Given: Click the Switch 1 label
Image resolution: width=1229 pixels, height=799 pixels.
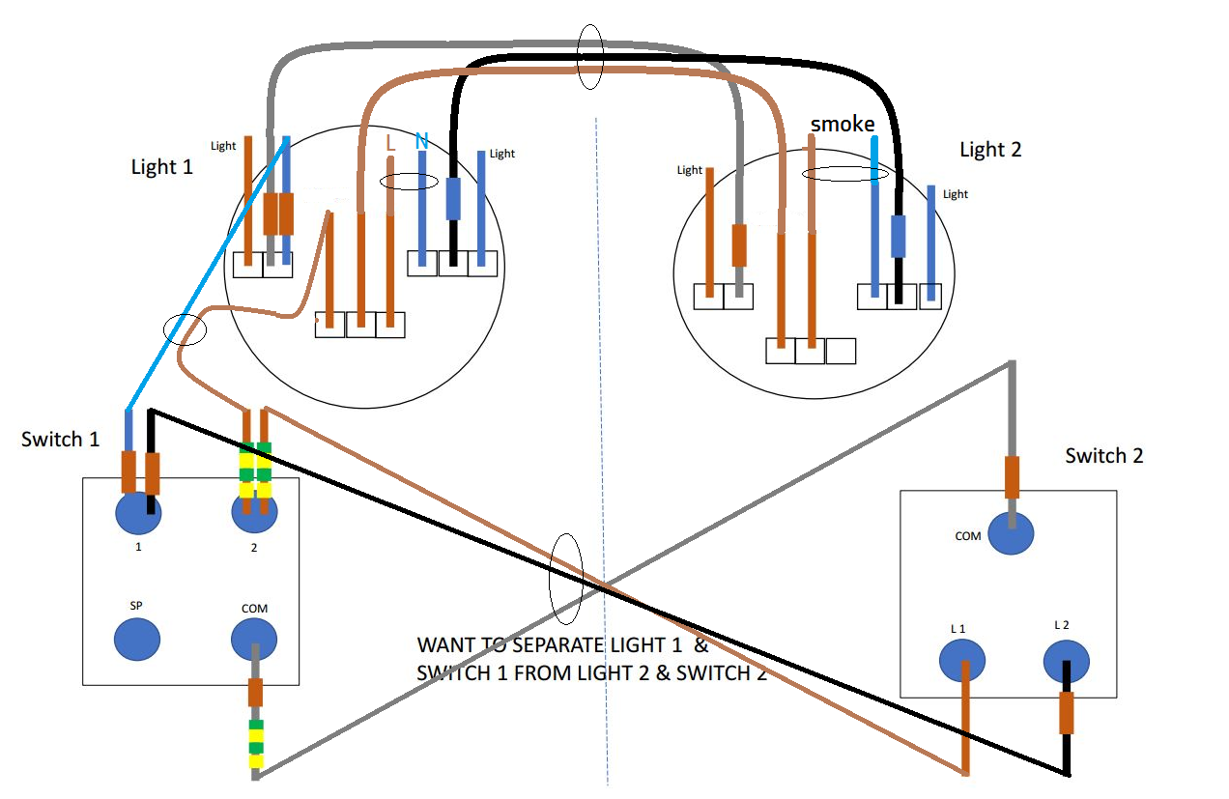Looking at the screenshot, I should tap(60, 440).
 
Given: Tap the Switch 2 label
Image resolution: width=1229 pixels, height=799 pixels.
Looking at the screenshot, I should tap(1104, 455).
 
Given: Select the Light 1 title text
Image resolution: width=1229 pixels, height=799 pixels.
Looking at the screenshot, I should tap(161, 166).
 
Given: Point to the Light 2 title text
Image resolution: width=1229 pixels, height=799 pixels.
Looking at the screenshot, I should tap(990, 150).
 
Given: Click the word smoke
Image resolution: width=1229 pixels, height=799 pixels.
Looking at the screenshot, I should tap(843, 124).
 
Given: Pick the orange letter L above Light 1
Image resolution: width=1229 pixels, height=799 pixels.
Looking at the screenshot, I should tap(390, 142).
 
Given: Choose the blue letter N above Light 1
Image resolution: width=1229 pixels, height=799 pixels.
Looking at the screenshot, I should tap(421, 142).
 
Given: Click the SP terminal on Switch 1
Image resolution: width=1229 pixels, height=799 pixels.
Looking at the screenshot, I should tap(137, 639).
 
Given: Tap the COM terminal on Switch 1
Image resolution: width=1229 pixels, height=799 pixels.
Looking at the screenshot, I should tap(254, 639).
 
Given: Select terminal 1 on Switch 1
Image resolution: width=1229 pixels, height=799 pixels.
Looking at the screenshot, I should tap(138, 513).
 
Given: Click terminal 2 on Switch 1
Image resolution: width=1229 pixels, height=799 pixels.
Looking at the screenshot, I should tap(254, 513).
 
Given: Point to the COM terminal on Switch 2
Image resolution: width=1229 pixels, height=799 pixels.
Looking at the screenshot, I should tap(1011, 533).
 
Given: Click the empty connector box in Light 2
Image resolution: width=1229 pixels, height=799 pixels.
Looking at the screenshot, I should tap(841, 351).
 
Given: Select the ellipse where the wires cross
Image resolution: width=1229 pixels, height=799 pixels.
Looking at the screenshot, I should tap(565, 579).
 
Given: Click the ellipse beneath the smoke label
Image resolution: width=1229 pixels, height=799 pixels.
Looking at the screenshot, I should tap(845, 174).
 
